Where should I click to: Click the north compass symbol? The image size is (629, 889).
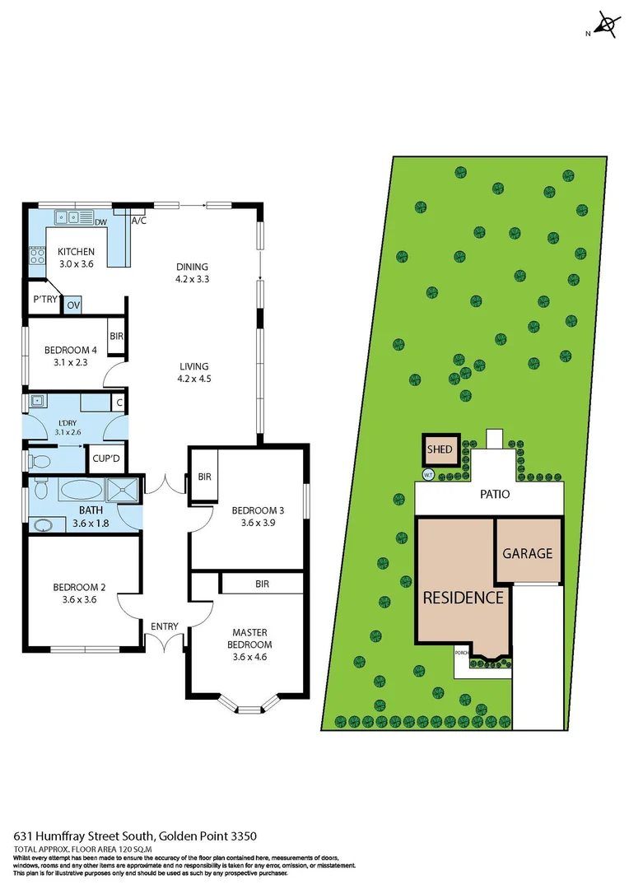(x=607, y=26)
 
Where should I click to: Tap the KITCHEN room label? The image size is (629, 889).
(x=76, y=252)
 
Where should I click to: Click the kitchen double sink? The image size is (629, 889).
(x=68, y=218)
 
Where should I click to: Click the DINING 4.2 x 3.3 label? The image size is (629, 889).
(x=192, y=272)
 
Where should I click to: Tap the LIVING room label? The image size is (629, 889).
(x=194, y=372)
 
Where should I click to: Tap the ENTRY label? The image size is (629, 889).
(x=164, y=626)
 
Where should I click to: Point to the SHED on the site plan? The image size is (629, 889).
(x=439, y=450)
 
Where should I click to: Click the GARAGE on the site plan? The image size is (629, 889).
(x=527, y=553)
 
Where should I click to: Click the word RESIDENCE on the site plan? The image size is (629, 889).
(x=463, y=598)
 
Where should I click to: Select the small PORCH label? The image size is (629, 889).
(x=461, y=652)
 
